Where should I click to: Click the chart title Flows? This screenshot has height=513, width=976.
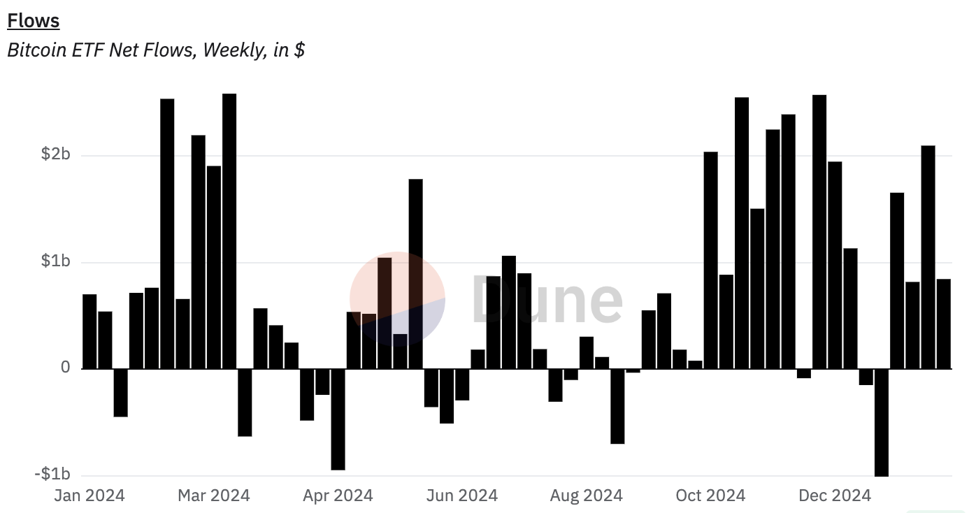click(x=33, y=21)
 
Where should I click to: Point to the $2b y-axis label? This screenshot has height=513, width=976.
click(x=56, y=154)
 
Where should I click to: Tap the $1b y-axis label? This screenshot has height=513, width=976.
click(x=56, y=261)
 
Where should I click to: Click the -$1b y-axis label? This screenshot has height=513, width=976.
click(x=52, y=475)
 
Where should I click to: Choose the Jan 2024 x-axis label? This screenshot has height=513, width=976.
click(x=89, y=496)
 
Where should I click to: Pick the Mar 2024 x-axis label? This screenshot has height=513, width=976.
click(x=213, y=496)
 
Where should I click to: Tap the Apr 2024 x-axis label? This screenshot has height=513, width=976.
click(x=338, y=496)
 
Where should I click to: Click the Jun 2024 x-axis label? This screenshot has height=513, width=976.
click(x=462, y=496)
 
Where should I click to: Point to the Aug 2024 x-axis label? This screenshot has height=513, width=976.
click(x=586, y=496)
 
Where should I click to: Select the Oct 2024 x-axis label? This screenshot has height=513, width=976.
click(x=710, y=496)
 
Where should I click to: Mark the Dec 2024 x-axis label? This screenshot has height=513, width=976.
click(x=835, y=496)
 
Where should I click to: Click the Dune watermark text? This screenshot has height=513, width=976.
click(x=547, y=299)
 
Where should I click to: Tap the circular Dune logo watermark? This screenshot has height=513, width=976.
click(x=397, y=299)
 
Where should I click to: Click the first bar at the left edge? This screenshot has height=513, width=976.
click(x=89, y=331)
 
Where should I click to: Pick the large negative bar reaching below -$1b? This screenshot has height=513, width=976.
click(x=882, y=422)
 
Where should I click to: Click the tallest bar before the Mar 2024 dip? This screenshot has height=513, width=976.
click(x=229, y=231)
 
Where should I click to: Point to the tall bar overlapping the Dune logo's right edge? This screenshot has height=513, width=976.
click(x=416, y=273)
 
